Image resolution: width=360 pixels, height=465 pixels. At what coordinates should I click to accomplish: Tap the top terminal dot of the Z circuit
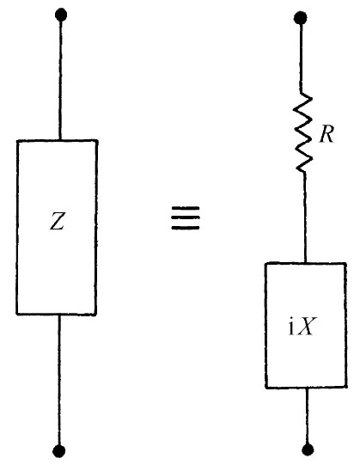pos(58,15)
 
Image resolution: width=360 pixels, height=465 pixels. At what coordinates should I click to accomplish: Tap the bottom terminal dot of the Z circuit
pos(58,450)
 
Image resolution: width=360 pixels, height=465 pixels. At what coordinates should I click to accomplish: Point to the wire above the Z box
pos(58,77)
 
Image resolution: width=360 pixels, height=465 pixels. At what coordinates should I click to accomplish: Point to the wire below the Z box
pos(58,382)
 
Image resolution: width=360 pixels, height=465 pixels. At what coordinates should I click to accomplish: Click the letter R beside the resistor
pos(326,135)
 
